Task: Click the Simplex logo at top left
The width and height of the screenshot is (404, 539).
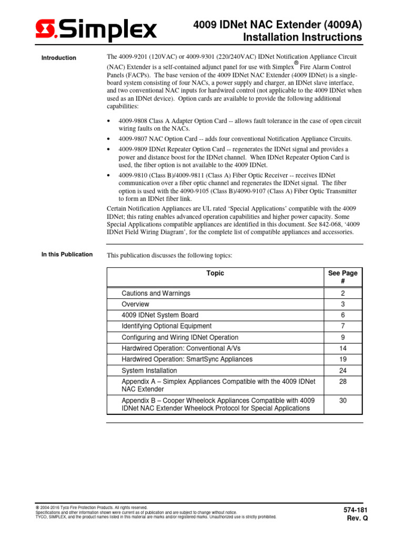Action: pyautogui.click(x=96, y=30)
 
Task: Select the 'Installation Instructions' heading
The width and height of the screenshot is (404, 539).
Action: pyautogui.click(x=302, y=38)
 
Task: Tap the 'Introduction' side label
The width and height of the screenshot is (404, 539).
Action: pyautogui.click(x=58, y=58)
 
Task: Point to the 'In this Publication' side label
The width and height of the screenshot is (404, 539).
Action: pyautogui.click(x=67, y=255)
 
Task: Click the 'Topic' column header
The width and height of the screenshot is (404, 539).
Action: pyautogui.click(x=215, y=273)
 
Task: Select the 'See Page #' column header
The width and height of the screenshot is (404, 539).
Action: pyautogui.click(x=342, y=277)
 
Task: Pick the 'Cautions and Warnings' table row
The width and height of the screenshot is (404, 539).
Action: pyautogui.click(x=156, y=293)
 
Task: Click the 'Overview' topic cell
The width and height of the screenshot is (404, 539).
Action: pyautogui.click(x=135, y=304)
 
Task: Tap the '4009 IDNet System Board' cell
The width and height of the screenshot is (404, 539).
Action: pyautogui.click(x=160, y=315)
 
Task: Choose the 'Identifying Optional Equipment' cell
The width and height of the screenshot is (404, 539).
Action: pyautogui.click(x=167, y=326)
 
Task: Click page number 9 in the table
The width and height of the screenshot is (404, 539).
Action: pyautogui.click(x=342, y=337)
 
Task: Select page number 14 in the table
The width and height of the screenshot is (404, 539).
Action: pyautogui.click(x=342, y=348)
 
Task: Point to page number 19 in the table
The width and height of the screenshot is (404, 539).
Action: pyautogui.click(x=342, y=359)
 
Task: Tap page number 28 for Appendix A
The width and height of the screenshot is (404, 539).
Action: pyautogui.click(x=342, y=381)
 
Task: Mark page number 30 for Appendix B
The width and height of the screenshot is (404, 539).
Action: pyautogui.click(x=342, y=401)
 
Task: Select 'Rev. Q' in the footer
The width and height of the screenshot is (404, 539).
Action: pyautogui.click(x=357, y=518)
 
